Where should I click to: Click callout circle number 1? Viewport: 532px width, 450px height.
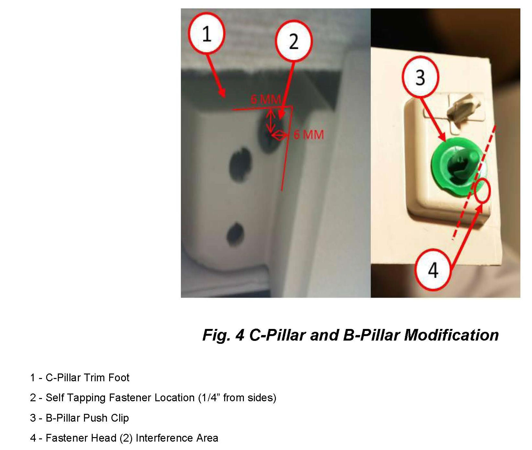pyautogui.click(x=206, y=34)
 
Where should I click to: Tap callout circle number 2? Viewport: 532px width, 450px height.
pyautogui.click(x=294, y=41)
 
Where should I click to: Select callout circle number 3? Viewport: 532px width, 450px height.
pyautogui.click(x=420, y=77)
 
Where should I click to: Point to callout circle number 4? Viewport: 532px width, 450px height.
pyautogui.click(x=433, y=270)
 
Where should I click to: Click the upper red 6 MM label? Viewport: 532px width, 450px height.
pyautogui.click(x=266, y=99)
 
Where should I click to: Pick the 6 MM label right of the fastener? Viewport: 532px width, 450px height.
pyautogui.click(x=308, y=134)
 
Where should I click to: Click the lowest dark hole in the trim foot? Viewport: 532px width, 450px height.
pyautogui.click(x=235, y=233)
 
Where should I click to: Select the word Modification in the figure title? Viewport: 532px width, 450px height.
pyautogui.click(x=451, y=335)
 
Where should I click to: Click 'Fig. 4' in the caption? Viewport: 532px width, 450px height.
pyautogui.click(x=224, y=335)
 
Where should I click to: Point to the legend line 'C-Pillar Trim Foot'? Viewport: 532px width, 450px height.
pyautogui.click(x=80, y=377)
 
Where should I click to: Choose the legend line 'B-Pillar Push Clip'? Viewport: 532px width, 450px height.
pyautogui.click(x=79, y=418)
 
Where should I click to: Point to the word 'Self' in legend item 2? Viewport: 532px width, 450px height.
pyautogui.click(x=52, y=398)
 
